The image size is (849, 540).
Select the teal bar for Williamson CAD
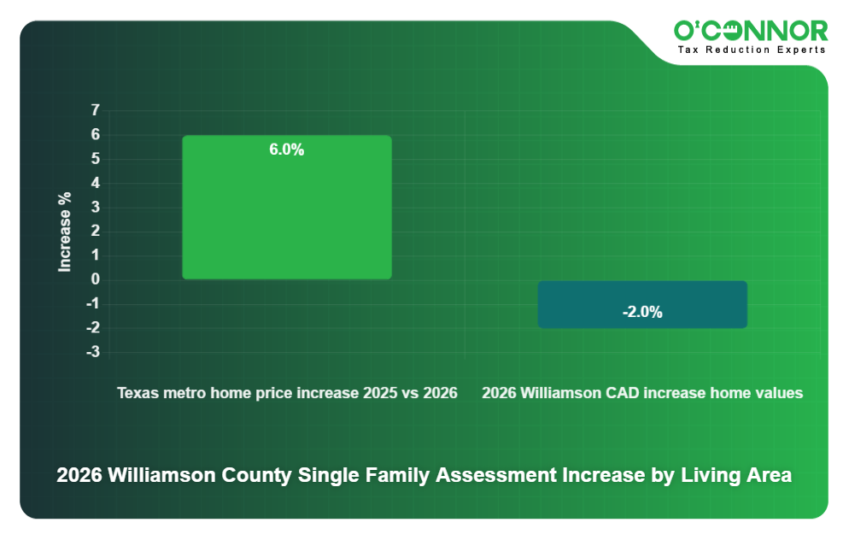[x=642, y=304]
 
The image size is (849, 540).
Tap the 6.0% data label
[x=287, y=150]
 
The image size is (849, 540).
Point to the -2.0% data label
[x=642, y=313]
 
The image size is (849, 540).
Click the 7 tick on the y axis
[x=95, y=110]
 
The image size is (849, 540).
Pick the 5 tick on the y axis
[x=95, y=159]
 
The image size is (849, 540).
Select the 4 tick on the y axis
[x=95, y=183]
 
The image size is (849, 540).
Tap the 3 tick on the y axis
[x=95, y=207]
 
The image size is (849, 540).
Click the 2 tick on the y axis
[x=95, y=232]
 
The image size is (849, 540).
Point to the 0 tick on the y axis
[x=95, y=279]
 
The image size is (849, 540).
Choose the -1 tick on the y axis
[x=93, y=304]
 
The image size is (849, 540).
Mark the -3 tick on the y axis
[x=93, y=352]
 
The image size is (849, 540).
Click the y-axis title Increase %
[x=65, y=232]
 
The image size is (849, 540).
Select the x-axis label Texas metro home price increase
[x=287, y=394]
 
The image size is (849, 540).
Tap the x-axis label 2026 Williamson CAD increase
[x=642, y=394]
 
